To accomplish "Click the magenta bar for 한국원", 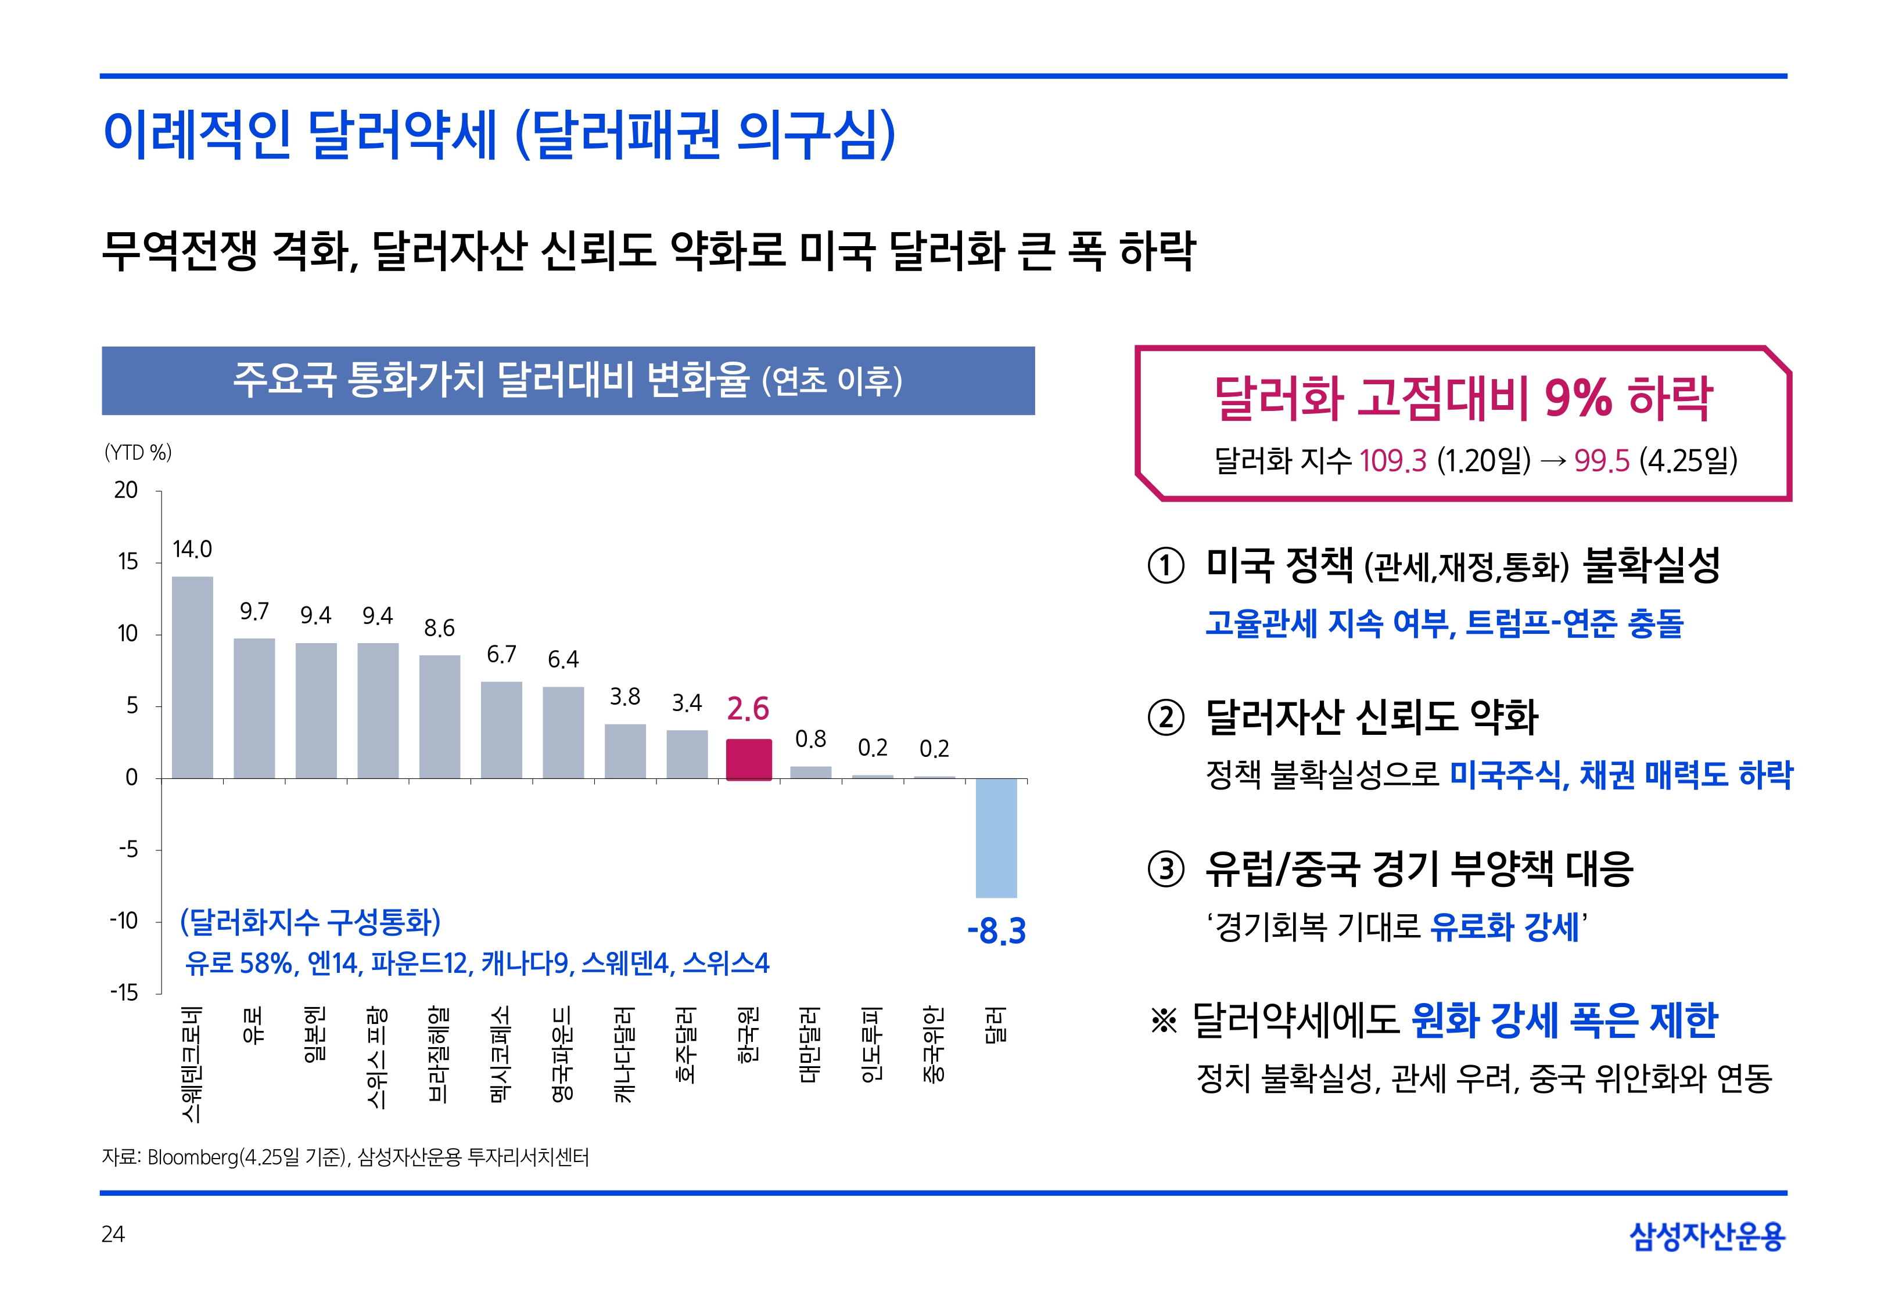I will [x=748, y=759].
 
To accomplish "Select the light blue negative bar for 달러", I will [x=996, y=838].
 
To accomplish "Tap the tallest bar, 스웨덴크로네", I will [x=192, y=677].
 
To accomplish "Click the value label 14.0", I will [x=192, y=549].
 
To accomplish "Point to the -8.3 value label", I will [x=996, y=931].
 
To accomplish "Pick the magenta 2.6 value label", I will [x=748, y=709].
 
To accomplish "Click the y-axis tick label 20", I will [x=126, y=490].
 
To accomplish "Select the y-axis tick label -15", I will [x=124, y=993].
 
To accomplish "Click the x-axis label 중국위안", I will [x=934, y=1045].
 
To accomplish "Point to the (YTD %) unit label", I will [x=138, y=453].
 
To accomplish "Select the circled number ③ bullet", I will [x=1166, y=869].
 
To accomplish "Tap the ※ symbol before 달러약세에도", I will [x=1164, y=1020].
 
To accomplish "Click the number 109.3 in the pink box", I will [x=1392, y=461].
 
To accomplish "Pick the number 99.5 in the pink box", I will [x=1602, y=461].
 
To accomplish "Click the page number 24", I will [x=113, y=1234].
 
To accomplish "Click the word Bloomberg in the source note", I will [x=192, y=1157].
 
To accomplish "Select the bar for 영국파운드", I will [x=563, y=733].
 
